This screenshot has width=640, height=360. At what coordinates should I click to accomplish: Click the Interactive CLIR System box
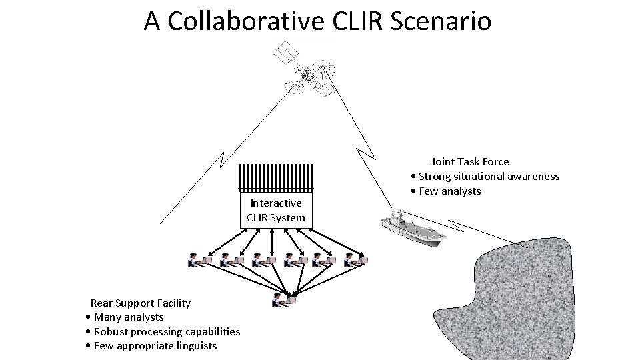[276, 210]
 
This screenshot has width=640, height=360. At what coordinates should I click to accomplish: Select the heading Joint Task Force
[469, 161]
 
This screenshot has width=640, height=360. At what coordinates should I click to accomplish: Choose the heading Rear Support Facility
[140, 303]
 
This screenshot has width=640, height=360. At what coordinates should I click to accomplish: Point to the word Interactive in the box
[276, 203]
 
